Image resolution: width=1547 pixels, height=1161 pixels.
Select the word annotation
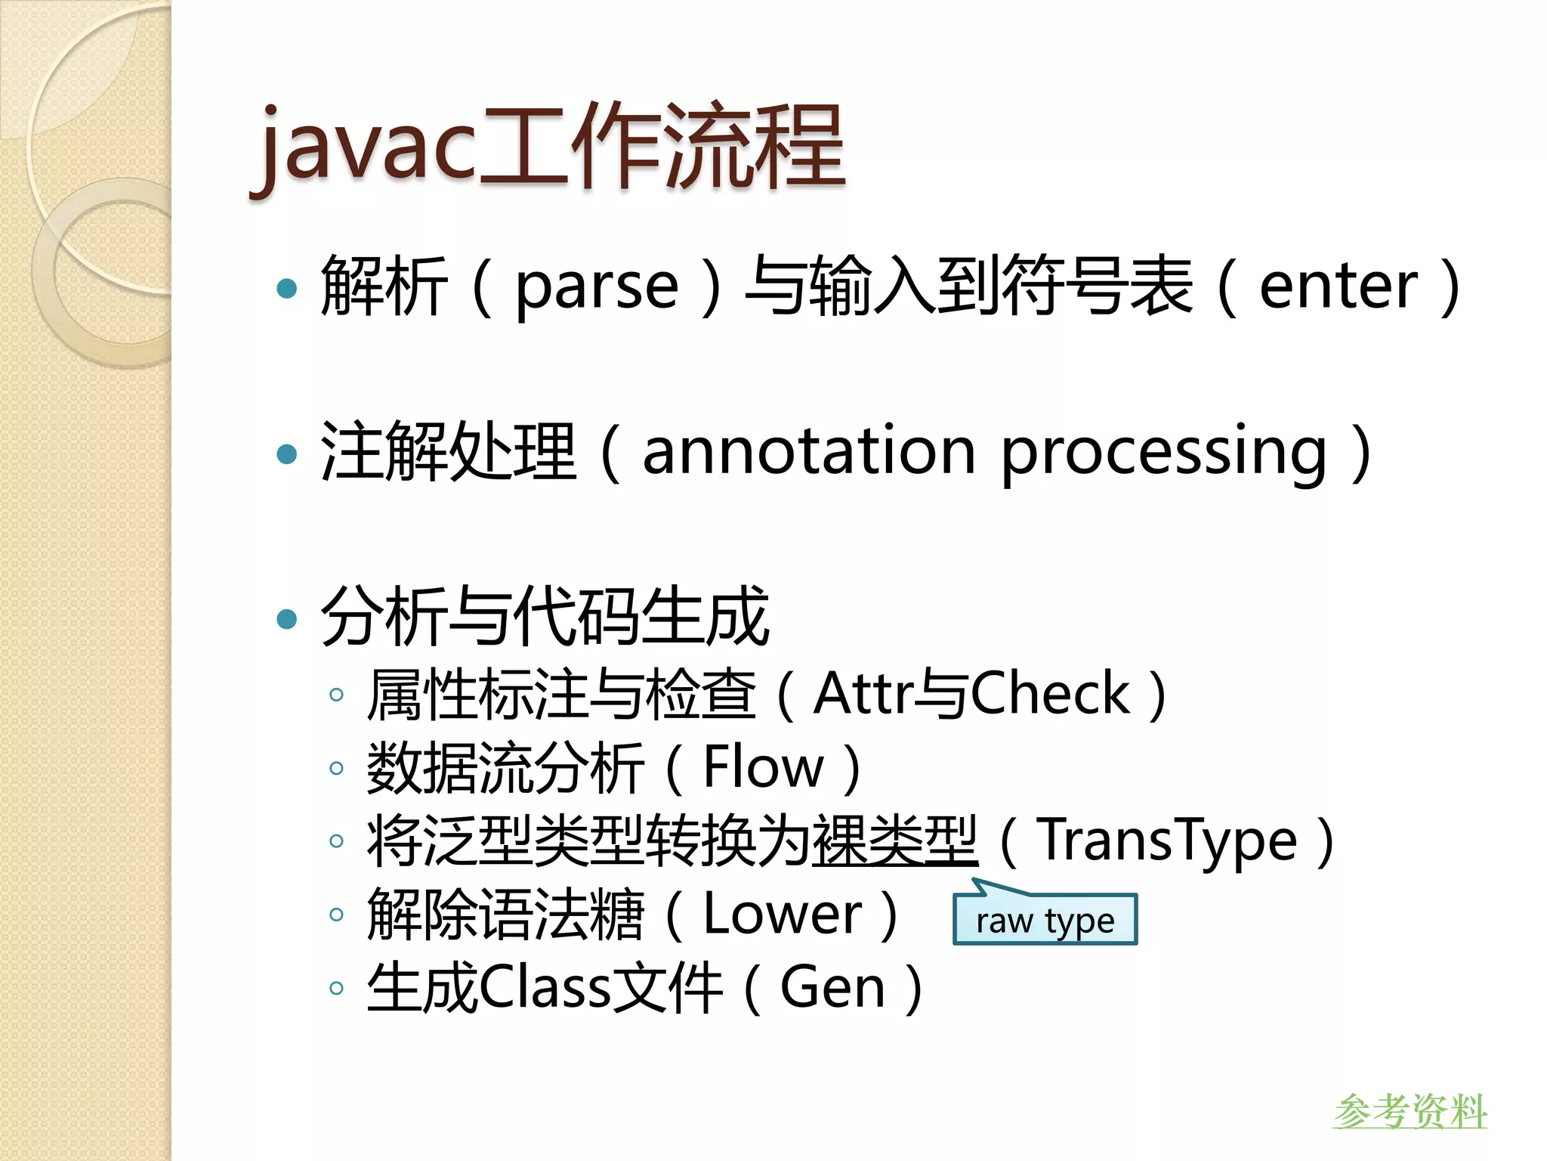point(808,452)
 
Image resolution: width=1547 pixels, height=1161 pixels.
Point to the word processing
point(1163,454)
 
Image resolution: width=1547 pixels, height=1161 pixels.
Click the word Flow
point(763,768)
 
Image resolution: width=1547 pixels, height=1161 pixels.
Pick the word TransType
point(1167,841)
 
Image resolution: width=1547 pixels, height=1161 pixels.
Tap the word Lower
point(782,915)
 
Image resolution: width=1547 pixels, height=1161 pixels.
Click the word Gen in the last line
point(832,988)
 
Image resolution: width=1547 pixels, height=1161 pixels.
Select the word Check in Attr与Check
point(1050,694)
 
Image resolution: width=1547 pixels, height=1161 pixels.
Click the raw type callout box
point(1045,920)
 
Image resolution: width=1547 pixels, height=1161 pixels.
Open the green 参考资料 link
point(1410,1111)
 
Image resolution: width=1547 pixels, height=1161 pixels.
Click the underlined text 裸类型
point(894,841)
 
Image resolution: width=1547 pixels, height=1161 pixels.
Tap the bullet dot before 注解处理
point(287,454)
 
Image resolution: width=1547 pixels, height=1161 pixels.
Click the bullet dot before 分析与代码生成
point(287,619)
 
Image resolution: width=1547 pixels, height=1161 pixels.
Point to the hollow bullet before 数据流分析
point(337,769)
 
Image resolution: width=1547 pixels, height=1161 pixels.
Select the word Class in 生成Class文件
point(544,988)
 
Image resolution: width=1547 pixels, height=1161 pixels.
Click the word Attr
point(861,694)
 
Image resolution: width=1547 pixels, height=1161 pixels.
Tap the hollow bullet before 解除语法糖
point(337,915)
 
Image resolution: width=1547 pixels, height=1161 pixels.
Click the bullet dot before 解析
point(287,288)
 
